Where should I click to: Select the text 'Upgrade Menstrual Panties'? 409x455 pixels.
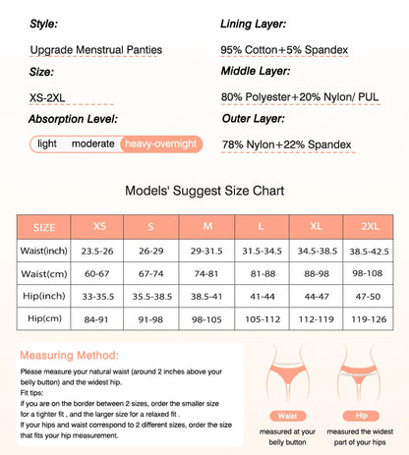click(x=96, y=49)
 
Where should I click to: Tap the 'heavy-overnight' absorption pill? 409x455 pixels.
click(x=160, y=143)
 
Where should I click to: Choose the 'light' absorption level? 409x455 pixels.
click(x=47, y=143)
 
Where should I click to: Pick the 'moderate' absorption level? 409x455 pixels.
click(x=93, y=143)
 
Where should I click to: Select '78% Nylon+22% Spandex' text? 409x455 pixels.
click(x=286, y=144)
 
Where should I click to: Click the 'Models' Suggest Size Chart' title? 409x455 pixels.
click(x=204, y=193)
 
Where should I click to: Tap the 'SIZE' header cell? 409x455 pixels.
click(x=44, y=227)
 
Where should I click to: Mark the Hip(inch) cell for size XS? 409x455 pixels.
click(x=100, y=296)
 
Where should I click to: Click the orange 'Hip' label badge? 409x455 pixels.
click(x=360, y=416)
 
